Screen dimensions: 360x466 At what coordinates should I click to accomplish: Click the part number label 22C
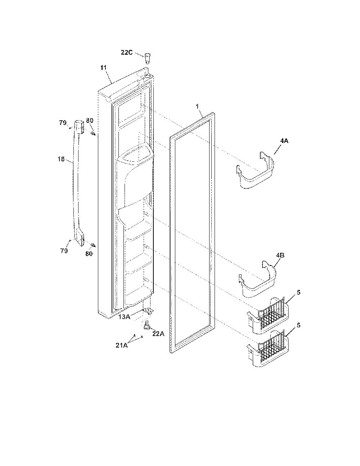click(x=127, y=53)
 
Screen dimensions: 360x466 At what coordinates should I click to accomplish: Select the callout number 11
click(x=104, y=68)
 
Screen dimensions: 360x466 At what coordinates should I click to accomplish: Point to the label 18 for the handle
click(x=61, y=159)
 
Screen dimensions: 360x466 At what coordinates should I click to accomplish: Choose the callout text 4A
click(x=284, y=141)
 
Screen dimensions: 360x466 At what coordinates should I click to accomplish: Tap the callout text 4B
click(x=280, y=255)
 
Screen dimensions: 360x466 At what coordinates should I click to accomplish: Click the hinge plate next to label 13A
click(x=148, y=311)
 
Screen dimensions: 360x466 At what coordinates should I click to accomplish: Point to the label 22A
click(x=158, y=333)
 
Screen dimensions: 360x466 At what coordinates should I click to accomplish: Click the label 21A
click(x=122, y=345)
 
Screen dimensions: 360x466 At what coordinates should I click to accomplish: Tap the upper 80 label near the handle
click(x=90, y=121)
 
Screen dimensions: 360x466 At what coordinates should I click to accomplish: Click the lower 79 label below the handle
click(x=64, y=251)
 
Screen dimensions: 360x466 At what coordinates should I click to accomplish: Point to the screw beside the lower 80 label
click(x=94, y=245)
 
